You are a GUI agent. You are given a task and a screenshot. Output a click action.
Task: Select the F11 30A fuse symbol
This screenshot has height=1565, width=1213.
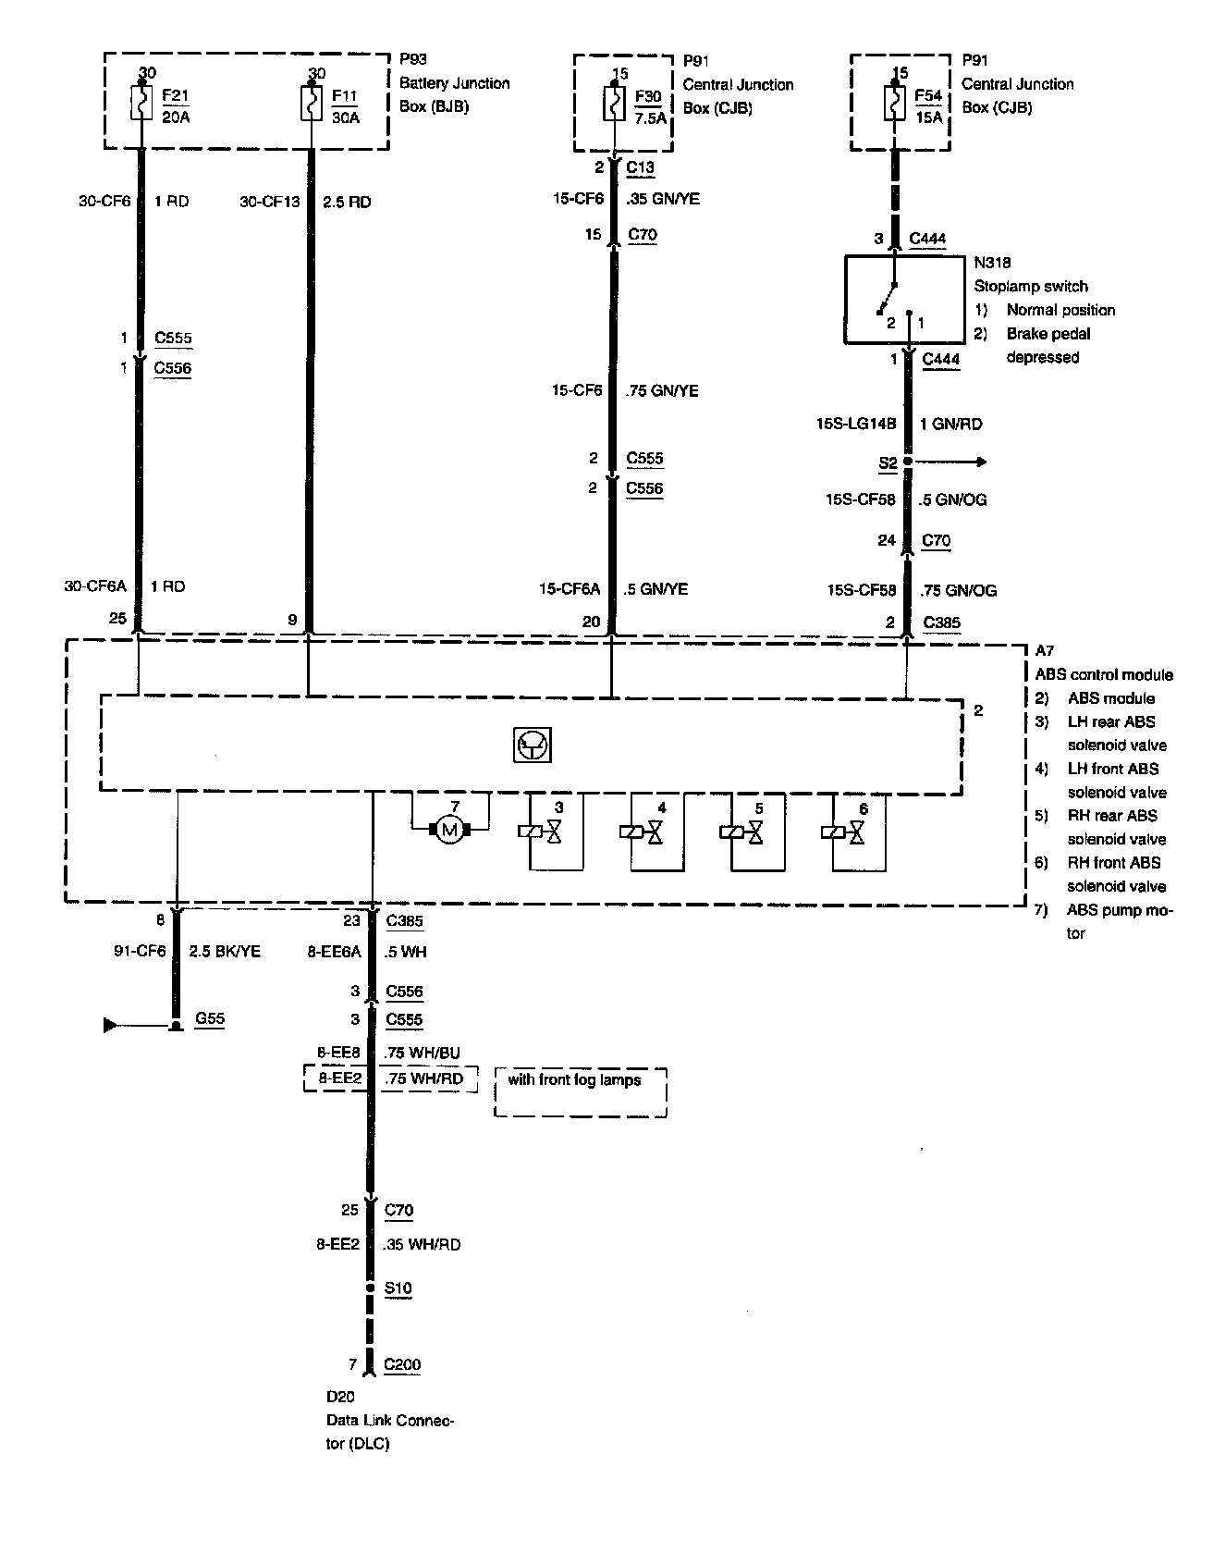pyautogui.click(x=308, y=103)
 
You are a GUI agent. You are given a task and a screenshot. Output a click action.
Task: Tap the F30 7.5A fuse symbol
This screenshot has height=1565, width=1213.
pyautogui.click(x=613, y=103)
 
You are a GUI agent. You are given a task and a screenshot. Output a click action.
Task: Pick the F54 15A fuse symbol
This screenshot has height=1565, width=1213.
pyautogui.click(x=894, y=102)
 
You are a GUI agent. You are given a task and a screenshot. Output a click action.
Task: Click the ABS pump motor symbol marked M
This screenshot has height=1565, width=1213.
pyautogui.click(x=450, y=830)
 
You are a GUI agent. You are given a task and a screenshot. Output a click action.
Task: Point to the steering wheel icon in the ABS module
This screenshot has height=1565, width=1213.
pyautogui.click(x=532, y=746)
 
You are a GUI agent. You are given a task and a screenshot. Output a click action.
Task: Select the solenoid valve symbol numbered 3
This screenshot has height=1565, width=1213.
pyautogui.click(x=542, y=832)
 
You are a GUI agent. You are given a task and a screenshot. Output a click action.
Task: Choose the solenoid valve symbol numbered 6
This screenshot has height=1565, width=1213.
pyautogui.click(x=844, y=832)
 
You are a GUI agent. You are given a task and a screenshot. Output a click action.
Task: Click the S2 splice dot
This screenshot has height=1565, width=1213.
pyautogui.click(x=908, y=462)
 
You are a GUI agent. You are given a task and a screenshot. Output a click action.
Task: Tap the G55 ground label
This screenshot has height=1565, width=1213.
pyautogui.click(x=210, y=1018)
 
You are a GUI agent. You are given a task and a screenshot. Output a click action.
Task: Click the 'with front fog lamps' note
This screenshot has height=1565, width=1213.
pyautogui.click(x=574, y=1079)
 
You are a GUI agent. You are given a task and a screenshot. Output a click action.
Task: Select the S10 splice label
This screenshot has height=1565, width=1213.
pyautogui.click(x=398, y=1288)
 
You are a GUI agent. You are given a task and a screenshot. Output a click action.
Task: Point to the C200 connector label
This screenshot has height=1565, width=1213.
pyautogui.click(x=402, y=1363)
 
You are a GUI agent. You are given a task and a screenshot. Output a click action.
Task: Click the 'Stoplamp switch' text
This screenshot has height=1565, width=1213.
pyautogui.click(x=1031, y=286)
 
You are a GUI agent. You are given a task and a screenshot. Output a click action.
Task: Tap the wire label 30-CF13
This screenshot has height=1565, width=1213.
pyautogui.click(x=270, y=202)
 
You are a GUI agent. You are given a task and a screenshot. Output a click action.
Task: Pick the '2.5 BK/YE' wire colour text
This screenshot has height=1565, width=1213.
pyautogui.click(x=225, y=951)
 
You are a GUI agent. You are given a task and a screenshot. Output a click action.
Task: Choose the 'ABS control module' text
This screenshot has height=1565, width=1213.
pyautogui.click(x=1104, y=674)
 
